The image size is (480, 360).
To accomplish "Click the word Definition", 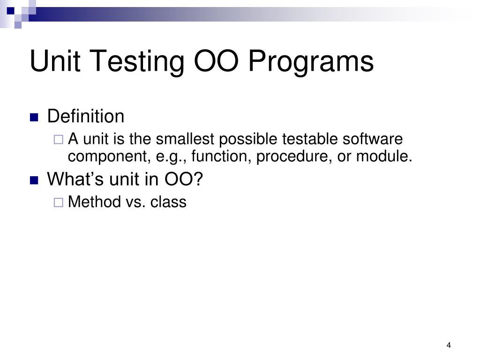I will click(x=86, y=116).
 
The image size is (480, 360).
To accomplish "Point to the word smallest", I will click(x=185, y=139).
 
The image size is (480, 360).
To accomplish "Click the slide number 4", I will click(x=449, y=345).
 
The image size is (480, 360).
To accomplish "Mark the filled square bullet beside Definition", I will click(x=34, y=118).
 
